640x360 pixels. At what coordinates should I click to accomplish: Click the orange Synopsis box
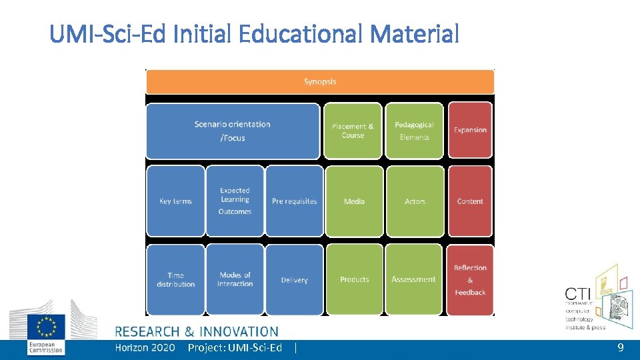pos(320,82)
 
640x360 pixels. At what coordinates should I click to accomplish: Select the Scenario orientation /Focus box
pos(233,131)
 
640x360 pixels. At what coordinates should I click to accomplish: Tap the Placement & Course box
pos(353,131)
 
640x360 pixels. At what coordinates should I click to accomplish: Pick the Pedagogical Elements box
pos(414,131)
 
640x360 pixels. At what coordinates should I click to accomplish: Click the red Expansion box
pos(470,130)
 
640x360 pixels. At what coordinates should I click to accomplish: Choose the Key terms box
pos(175,201)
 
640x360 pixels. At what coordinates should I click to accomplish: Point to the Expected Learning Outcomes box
pos(235,201)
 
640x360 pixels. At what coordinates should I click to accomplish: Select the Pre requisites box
pos(294,201)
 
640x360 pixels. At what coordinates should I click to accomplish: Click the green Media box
pos(354,201)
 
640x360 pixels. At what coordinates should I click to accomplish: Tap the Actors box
pos(415,201)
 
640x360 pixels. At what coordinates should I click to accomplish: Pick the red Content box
pos(470,201)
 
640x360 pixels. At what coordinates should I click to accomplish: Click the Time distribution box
pos(175,279)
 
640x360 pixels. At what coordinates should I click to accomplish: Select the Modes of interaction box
pos(235,279)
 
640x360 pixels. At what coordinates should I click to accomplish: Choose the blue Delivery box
pos(294,280)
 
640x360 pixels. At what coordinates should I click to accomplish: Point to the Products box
pos(354,279)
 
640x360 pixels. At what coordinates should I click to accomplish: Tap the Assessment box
pos(413,279)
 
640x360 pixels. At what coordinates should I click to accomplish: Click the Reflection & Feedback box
pos(470,280)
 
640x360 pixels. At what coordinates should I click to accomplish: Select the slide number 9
pos(620,347)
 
